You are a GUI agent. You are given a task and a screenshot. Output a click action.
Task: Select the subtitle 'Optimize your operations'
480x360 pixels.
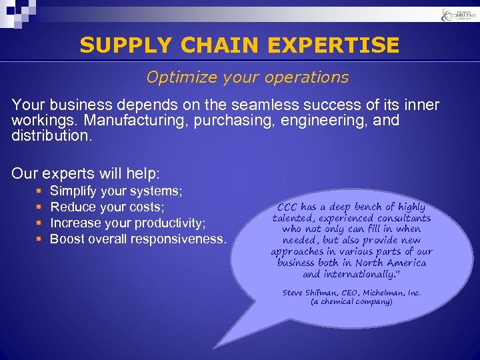247,77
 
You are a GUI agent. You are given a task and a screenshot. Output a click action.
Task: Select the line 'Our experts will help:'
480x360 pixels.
86,174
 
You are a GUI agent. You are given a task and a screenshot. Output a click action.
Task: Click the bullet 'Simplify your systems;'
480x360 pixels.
117,191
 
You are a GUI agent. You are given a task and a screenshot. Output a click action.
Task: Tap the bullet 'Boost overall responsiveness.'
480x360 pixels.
138,239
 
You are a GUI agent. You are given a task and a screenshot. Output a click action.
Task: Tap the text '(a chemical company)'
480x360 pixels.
351,301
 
